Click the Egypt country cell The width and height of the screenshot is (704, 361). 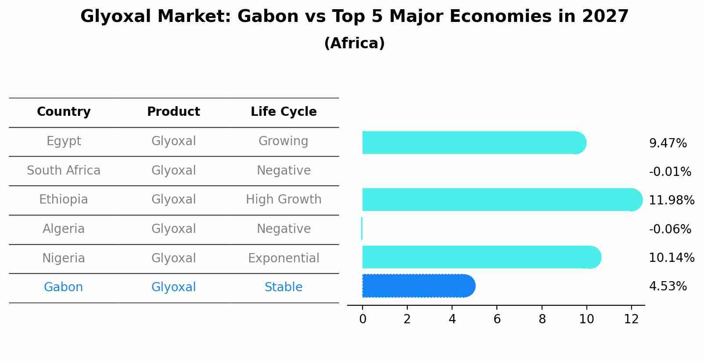click(x=64, y=141)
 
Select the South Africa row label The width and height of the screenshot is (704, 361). click(x=64, y=171)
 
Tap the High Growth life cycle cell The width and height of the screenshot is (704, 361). click(x=284, y=200)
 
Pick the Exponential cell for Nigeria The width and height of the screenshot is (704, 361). click(x=284, y=258)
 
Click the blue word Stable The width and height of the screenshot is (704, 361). click(x=284, y=287)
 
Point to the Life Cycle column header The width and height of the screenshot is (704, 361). click(x=284, y=112)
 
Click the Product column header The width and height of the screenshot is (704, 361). click(x=173, y=112)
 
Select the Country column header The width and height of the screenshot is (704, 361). click(x=64, y=112)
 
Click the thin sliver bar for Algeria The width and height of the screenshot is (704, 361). click(x=362, y=229)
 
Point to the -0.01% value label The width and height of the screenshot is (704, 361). click(x=670, y=172)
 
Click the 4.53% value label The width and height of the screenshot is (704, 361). click(x=668, y=286)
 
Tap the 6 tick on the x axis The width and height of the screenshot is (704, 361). click(x=497, y=319)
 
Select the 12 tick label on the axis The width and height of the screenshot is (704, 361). click(x=631, y=319)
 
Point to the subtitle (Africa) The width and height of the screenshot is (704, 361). click(x=354, y=43)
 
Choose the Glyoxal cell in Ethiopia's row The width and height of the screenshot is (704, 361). click(x=173, y=200)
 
